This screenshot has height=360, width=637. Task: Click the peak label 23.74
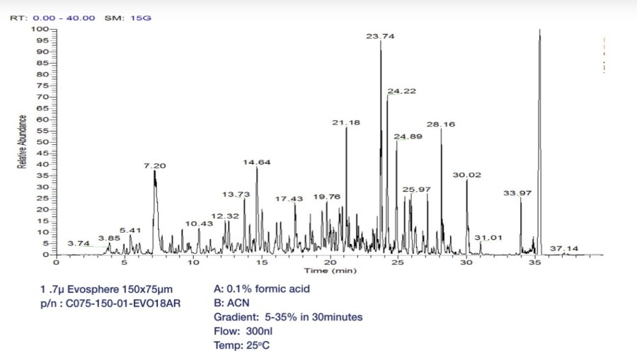381,35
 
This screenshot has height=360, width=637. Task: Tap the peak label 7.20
154,166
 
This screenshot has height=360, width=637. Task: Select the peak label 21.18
346,122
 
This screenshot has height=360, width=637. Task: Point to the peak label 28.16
441,124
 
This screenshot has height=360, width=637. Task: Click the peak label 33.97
517,192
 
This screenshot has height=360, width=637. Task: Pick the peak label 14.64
257,162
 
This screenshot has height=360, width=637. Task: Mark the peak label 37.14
564,248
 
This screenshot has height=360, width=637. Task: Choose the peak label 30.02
467,175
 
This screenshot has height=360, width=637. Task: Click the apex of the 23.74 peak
381,41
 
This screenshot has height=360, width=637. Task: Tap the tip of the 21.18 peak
346,127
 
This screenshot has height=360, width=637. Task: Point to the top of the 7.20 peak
154,171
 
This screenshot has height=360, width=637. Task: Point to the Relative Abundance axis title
22,141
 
